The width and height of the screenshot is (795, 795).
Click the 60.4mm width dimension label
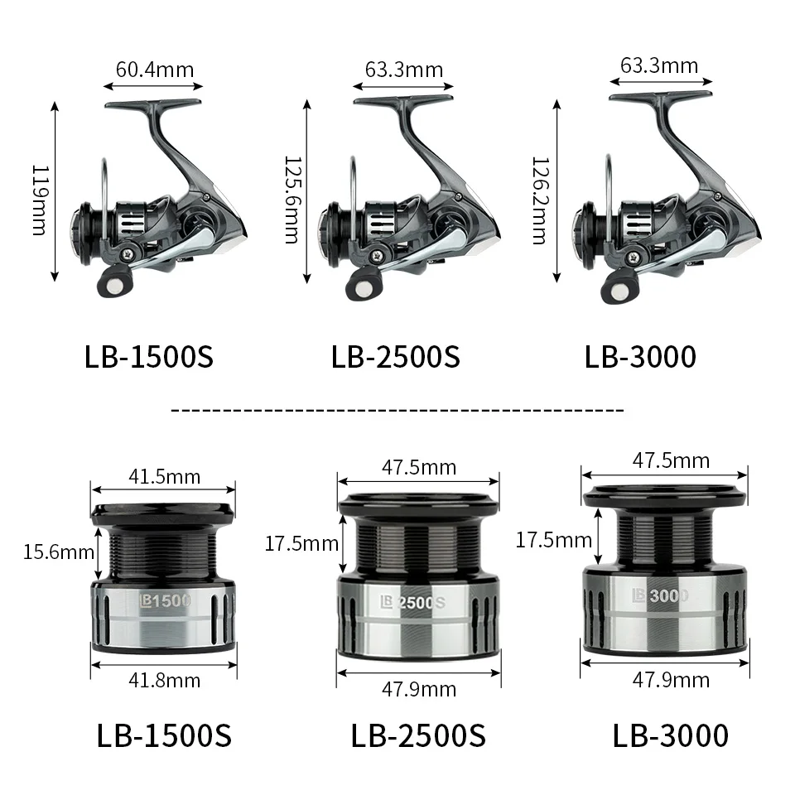(154, 69)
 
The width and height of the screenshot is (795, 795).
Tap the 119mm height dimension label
(38, 199)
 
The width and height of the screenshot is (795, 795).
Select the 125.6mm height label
(291, 200)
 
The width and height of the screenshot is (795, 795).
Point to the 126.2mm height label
(540, 200)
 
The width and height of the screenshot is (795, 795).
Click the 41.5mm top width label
(164, 476)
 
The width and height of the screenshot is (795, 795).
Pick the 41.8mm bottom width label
(164, 680)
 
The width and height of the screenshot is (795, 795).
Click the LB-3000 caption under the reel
(640, 356)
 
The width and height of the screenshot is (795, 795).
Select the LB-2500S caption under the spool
(418, 735)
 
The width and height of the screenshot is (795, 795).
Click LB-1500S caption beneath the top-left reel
(149, 356)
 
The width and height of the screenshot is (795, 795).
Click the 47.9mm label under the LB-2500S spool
(419, 689)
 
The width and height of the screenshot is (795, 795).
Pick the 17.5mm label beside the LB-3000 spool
(553, 541)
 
